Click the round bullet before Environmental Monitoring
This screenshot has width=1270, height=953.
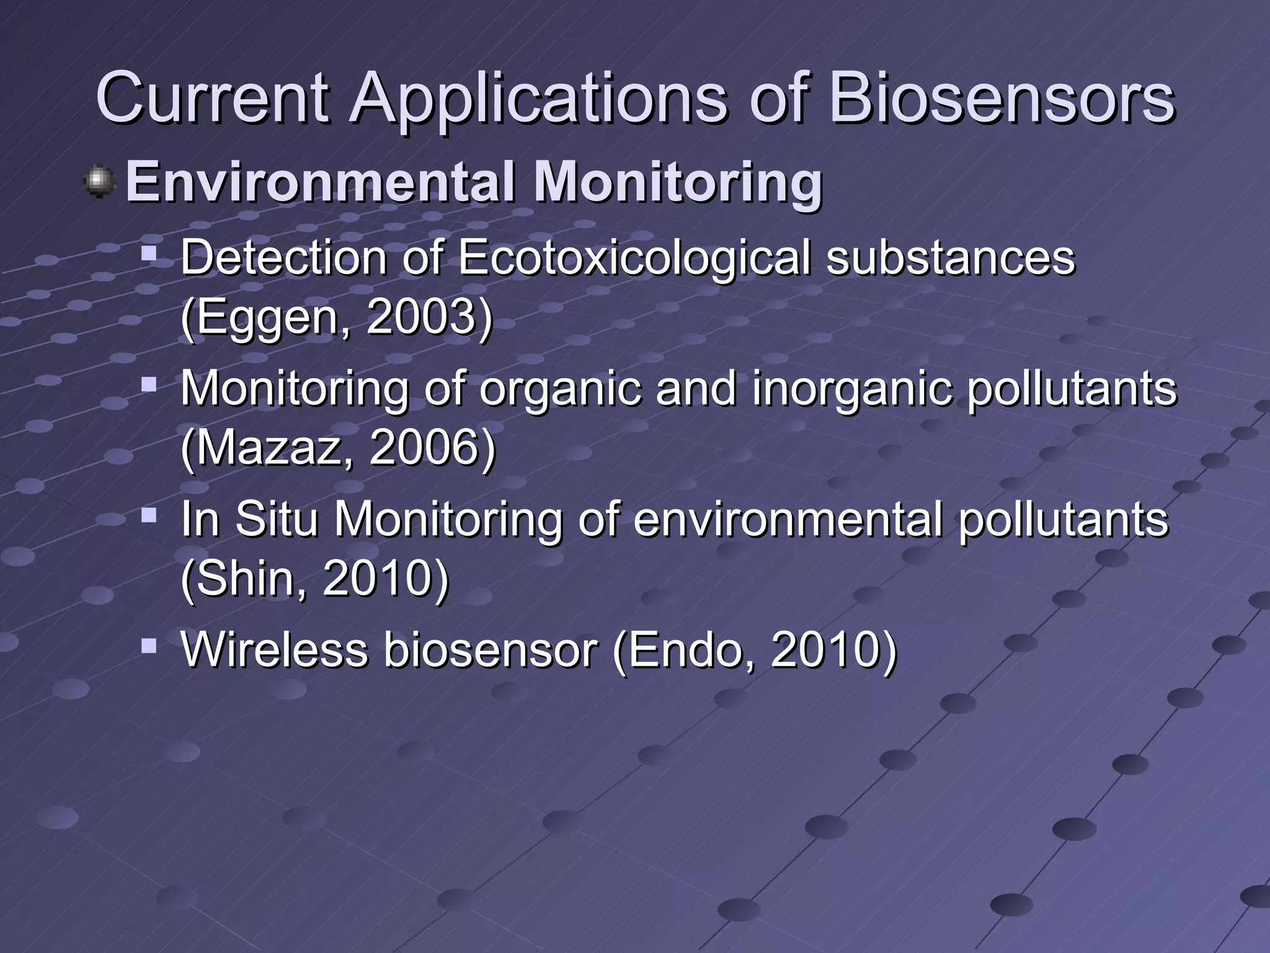pyautogui.click(x=99, y=182)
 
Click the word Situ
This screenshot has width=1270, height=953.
pyautogui.click(x=277, y=519)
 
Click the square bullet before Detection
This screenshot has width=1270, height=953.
pyautogui.click(x=149, y=254)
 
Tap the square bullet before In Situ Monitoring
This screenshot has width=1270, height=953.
pyautogui.click(x=149, y=515)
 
